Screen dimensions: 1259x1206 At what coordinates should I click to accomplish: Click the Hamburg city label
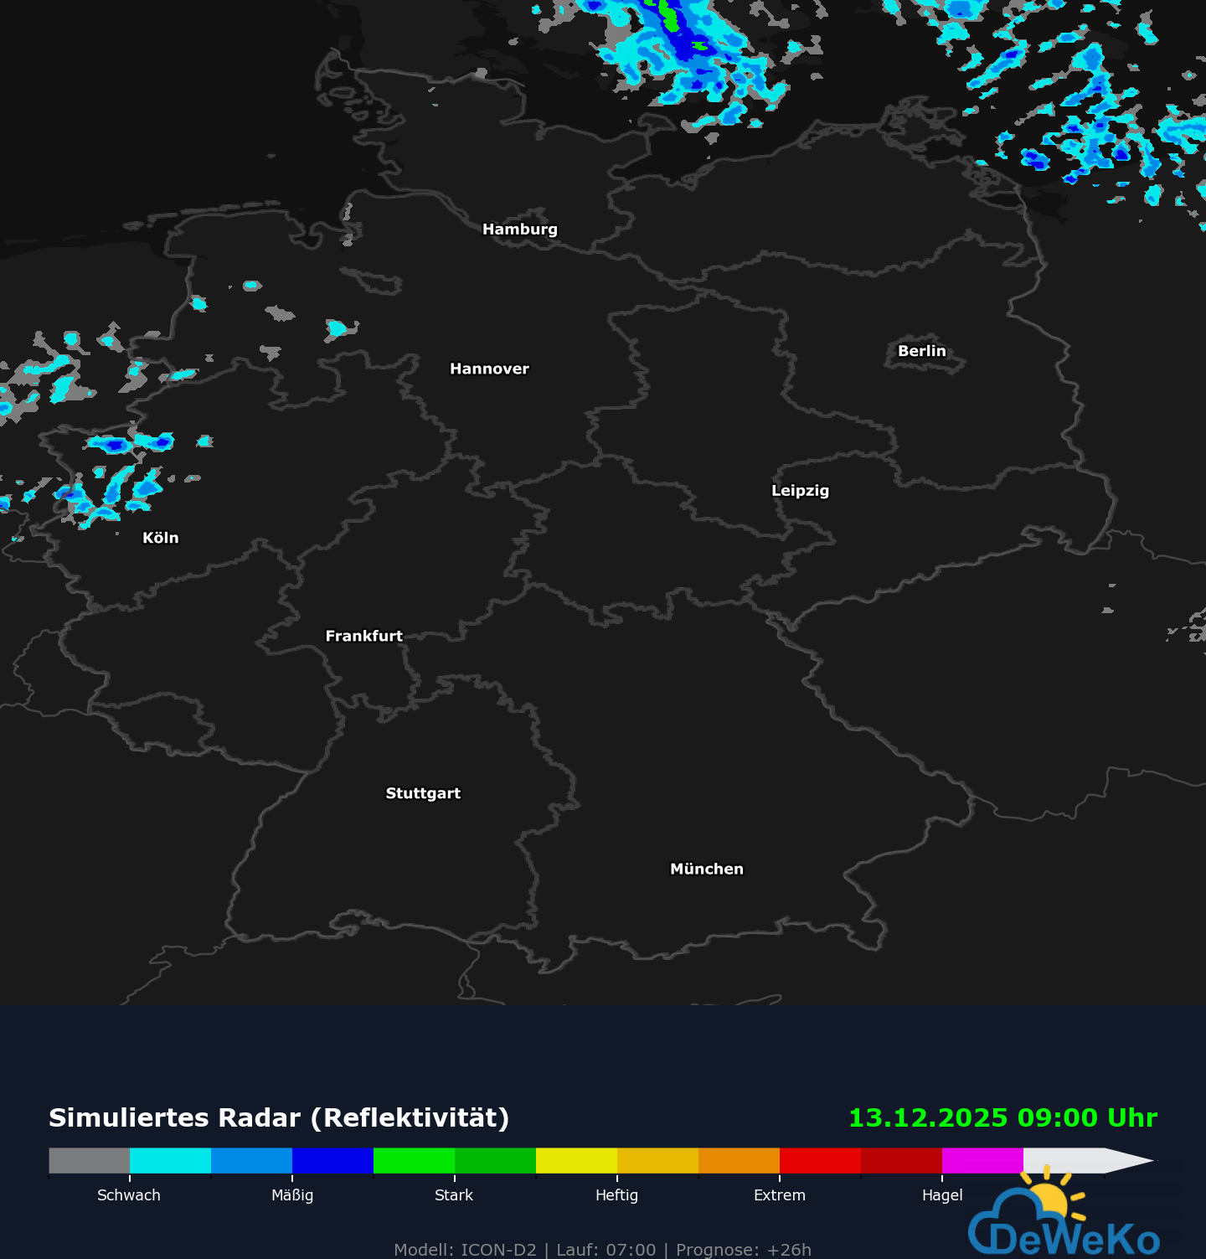pyautogui.click(x=519, y=230)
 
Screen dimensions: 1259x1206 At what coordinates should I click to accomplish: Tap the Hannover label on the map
pyautogui.click(x=489, y=369)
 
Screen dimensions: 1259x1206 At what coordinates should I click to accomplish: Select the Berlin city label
pyautogui.click(x=921, y=352)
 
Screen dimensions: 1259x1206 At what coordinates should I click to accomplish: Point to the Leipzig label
pyautogui.click(x=800, y=491)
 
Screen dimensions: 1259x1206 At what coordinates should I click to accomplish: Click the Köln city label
pyautogui.click(x=160, y=539)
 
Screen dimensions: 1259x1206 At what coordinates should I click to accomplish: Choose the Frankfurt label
pyautogui.click(x=363, y=637)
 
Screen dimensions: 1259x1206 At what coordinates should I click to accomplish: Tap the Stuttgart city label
pyautogui.click(x=423, y=794)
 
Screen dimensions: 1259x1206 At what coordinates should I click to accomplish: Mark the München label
pyautogui.click(x=706, y=869)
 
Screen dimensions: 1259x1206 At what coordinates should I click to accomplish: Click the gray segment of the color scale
pyautogui.click(x=90, y=1161)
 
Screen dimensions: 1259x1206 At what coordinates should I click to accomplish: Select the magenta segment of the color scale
pyautogui.click(x=982, y=1161)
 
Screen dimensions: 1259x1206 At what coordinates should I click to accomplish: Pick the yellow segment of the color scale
pyautogui.click(x=576, y=1161)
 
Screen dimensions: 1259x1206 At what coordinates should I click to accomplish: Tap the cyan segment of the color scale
pyautogui.click(x=170, y=1161)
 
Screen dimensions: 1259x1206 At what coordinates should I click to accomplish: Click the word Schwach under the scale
pyautogui.click(x=129, y=1195)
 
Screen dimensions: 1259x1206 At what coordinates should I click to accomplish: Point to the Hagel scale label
pyautogui.click(x=942, y=1195)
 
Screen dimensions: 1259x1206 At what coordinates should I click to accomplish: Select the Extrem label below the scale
pyautogui.click(x=780, y=1195)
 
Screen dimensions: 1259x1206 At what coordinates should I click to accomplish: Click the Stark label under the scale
pyautogui.click(x=454, y=1195)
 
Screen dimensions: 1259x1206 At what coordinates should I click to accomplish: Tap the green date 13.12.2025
pyautogui.click(x=928, y=1118)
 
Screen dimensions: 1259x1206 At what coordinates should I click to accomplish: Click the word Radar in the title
pyautogui.click(x=262, y=1118)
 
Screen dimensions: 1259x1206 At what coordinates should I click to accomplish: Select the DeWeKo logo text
pyautogui.click(x=1075, y=1239)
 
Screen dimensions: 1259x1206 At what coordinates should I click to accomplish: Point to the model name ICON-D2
pyautogui.click(x=498, y=1250)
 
